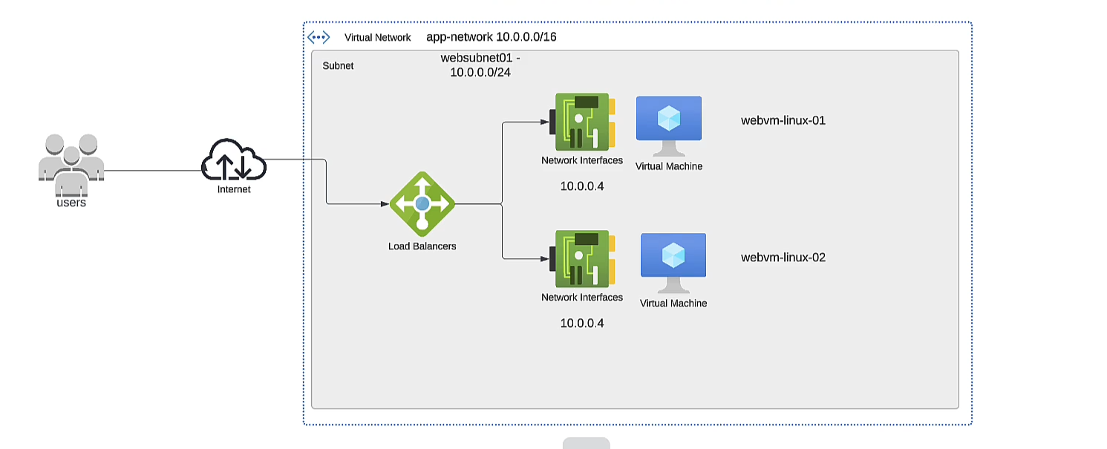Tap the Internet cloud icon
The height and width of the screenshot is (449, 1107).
(234, 160)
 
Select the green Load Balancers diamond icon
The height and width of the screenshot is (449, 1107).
(422, 203)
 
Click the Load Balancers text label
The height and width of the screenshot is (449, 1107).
(422, 246)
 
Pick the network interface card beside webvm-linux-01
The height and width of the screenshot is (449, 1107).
(583, 122)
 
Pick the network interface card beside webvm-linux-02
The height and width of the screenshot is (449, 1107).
(583, 259)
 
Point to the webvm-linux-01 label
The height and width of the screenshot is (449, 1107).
(783, 120)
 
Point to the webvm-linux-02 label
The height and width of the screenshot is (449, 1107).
(783, 258)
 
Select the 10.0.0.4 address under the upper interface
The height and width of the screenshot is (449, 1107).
(582, 186)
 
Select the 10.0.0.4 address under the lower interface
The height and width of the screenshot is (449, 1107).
(582, 323)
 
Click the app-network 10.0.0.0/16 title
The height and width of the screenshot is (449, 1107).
(491, 37)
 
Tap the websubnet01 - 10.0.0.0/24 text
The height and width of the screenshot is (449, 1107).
(480, 65)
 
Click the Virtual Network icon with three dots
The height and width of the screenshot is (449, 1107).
(319, 37)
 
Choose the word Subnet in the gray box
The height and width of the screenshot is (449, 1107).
(338, 65)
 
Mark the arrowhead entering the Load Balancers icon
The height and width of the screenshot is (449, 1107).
(385, 203)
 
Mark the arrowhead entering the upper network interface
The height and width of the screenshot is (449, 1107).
(544, 122)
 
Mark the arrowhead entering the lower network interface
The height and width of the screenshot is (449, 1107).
(544, 259)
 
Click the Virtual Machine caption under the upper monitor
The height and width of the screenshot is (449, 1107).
(669, 166)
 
